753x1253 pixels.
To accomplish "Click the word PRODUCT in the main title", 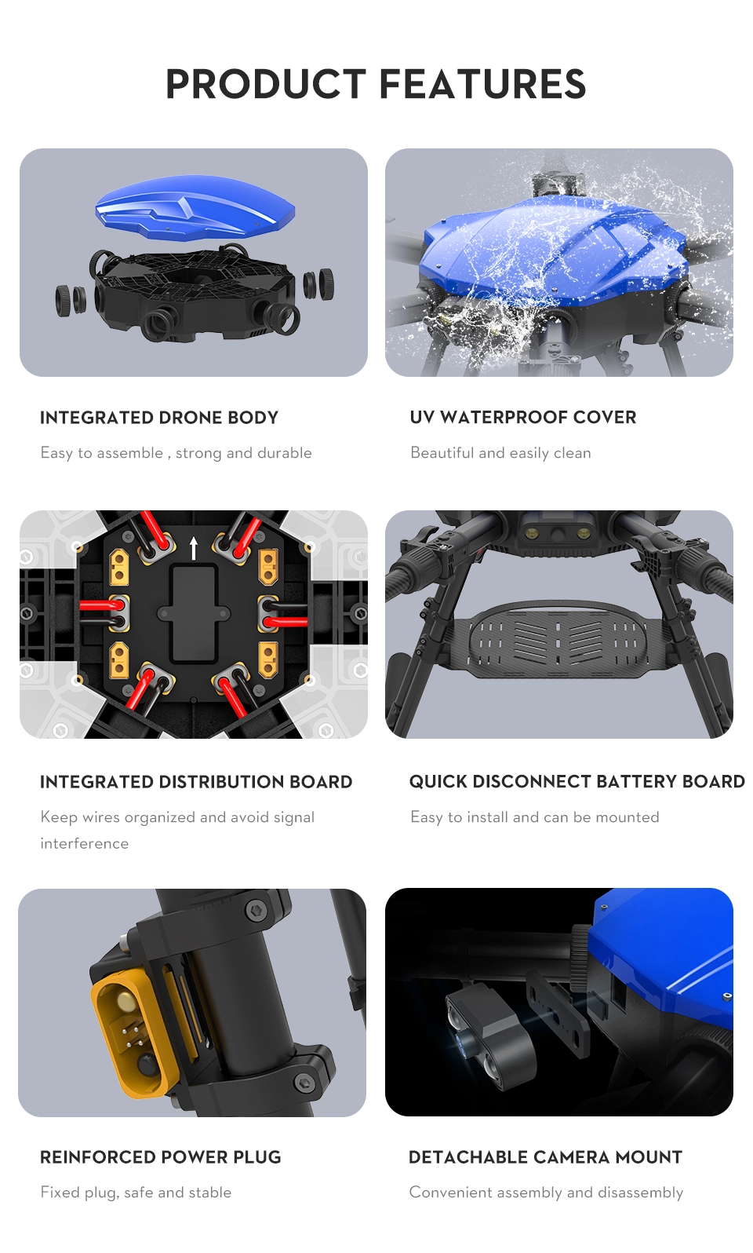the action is [x=266, y=84].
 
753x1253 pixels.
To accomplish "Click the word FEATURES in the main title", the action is [x=483, y=84].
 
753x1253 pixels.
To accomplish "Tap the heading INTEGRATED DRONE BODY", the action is [x=158, y=418].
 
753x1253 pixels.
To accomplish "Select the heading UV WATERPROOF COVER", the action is [x=522, y=418].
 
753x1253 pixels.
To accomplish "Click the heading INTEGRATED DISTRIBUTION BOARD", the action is [x=196, y=782].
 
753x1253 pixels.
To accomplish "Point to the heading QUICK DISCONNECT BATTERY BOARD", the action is [x=577, y=781].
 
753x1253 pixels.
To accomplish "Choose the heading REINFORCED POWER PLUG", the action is [x=161, y=1156].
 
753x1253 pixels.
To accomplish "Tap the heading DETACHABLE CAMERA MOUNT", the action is [x=545, y=1156].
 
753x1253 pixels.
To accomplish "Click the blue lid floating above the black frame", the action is [x=195, y=206].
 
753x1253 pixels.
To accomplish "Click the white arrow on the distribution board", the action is [x=194, y=548].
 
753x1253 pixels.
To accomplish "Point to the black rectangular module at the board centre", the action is [x=194, y=614].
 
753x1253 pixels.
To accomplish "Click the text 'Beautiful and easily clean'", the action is [x=500, y=452].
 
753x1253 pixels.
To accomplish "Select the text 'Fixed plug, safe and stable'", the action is [x=136, y=1193].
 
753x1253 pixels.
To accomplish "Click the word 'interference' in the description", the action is [x=85, y=843].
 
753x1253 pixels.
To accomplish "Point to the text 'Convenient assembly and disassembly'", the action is [x=546, y=1193].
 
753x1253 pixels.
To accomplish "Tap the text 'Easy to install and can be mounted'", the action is [x=535, y=817].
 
